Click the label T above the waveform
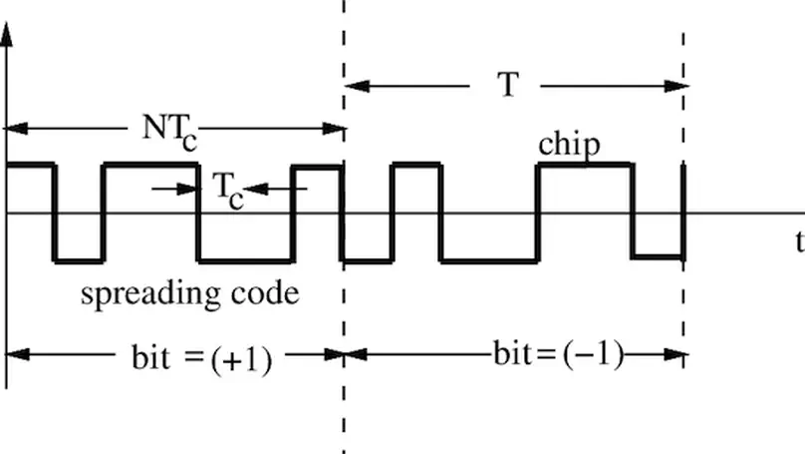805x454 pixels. pyautogui.click(x=508, y=86)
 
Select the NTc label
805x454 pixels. pyautogui.click(x=166, y=131)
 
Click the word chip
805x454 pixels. pyautogui.click(x=569, y=146)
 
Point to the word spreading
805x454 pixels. pyautogui.click(x=140, y=294)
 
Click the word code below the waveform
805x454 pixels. pyautogui.click(x=265, y=294)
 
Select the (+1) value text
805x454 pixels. pyautogui.click(x=241, y=358)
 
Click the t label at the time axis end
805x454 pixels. pyautogui.click(x=799, y=241)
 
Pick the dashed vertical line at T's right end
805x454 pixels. pyautogui.click(x=684, y=60)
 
